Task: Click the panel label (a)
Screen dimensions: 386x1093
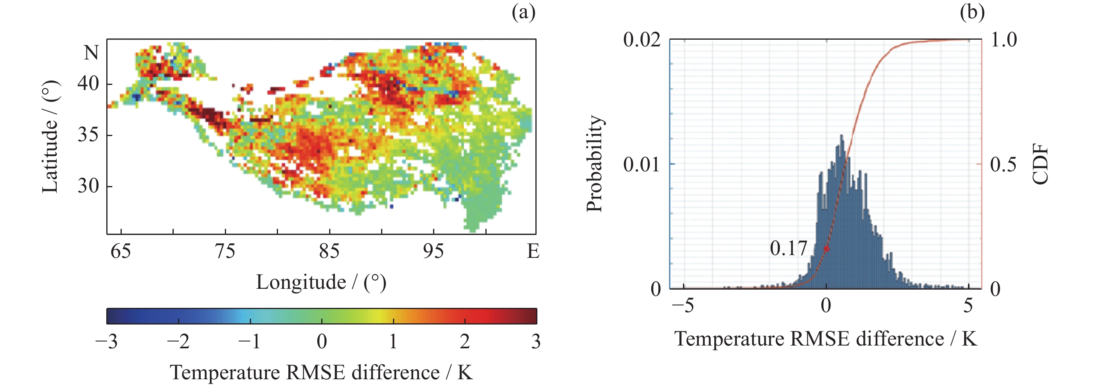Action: coord(523,13)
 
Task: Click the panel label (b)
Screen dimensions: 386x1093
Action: coord(972,13)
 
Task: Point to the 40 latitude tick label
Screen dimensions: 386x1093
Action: coord(88,84)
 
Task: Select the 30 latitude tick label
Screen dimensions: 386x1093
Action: coord(88,186)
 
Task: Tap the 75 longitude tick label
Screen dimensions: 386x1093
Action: coord(225,252)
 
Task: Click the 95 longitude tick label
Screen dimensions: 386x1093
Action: coord(433,252)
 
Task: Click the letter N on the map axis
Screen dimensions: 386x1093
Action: coord(91,53)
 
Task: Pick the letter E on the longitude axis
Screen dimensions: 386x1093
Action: coord(533,252)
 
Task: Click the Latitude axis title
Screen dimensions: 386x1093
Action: coord(50,137)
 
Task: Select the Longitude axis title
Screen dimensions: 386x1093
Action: coord(321,282)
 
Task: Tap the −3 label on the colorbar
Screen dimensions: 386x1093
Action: coord(106,342)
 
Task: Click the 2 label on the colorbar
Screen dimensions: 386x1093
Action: coord(465,342)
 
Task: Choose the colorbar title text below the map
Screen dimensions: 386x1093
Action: coord(321,373)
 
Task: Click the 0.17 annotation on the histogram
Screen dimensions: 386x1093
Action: coord(788,248)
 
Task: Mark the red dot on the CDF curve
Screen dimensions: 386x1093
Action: coord(826,249)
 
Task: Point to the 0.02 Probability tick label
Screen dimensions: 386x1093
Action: coord(642,40)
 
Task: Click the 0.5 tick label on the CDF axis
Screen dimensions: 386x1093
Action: coord(1003,164)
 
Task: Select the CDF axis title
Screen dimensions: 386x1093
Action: coord(1040,164)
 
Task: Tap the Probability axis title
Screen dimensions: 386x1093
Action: coord(594,163)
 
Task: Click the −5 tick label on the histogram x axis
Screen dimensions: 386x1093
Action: coord(683,305)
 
